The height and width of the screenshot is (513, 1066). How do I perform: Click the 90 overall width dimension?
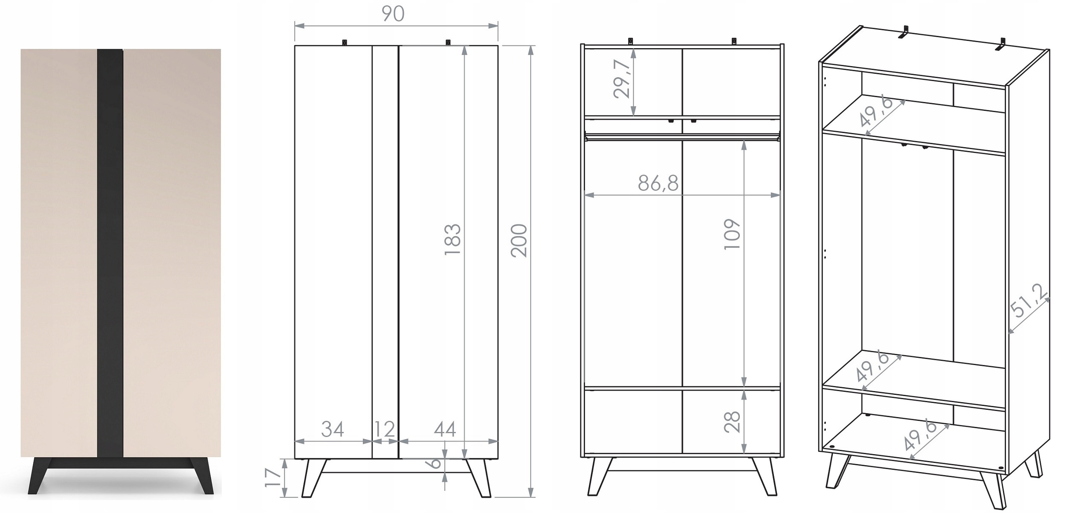point(393,14)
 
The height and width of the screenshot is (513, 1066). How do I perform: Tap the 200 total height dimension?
point(519,241)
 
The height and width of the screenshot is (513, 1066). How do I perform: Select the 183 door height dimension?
point(452,240)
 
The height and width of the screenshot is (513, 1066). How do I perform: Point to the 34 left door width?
point(333,429)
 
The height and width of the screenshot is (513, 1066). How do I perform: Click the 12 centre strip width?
point(385,429)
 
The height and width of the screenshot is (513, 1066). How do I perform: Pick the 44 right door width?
point(445,429)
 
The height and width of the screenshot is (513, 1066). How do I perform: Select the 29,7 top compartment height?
point(622,79)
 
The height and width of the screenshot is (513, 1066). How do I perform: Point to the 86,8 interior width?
point(658,183)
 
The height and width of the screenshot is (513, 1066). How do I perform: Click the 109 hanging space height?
point(732,235)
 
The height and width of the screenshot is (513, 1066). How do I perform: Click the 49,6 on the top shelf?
point(875,112)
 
